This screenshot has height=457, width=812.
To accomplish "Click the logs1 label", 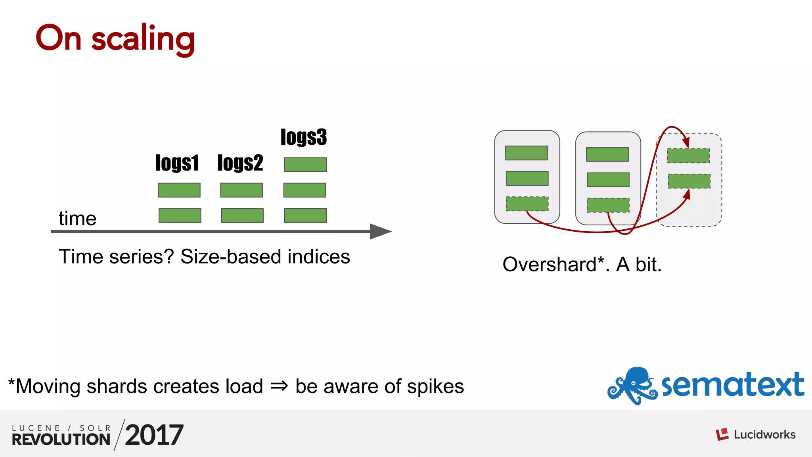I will pos(177,163).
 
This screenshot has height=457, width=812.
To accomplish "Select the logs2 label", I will pos(240,163).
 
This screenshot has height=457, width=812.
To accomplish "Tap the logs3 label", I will pos(304,137).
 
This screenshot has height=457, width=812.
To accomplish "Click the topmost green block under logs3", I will pos(305,165).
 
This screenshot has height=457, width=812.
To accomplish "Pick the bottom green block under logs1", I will pos(180,215).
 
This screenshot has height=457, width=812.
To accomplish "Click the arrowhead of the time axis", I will pos(380,231).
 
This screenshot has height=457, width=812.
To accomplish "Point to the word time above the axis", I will pos(77,219).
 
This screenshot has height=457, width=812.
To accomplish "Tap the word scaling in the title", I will pos(143,39).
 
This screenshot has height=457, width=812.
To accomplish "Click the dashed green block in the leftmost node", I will pos(527,204).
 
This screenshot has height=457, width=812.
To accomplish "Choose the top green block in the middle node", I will pos(607,154).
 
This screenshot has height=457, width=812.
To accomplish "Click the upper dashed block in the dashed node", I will pos(688,156).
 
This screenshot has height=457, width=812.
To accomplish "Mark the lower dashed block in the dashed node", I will pos(689,181).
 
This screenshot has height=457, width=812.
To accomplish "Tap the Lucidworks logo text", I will pos(764,435).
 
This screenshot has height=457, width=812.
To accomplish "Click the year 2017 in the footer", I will pos(154,435).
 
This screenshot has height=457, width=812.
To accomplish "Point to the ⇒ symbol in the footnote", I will pos(279,386).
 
